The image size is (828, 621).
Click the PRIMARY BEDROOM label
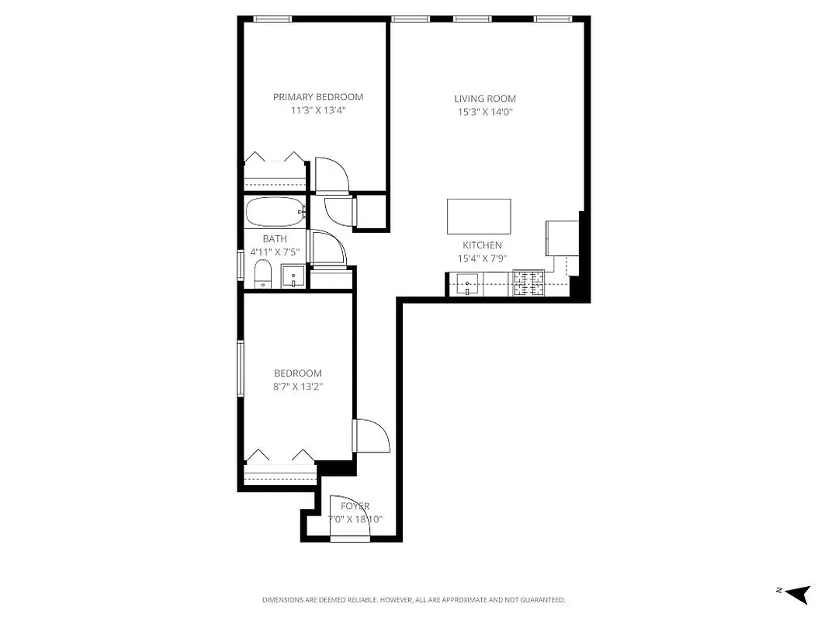tap(317, 97)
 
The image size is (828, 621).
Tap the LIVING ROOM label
tap(485, 99)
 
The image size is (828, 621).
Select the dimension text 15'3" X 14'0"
tap(485, 112)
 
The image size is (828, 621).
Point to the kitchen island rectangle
tap(479, 217)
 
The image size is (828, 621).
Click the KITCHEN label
tap(482, 245)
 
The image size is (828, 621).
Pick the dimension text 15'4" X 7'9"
tap(482, 258)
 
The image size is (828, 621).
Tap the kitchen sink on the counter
tap(467, 284)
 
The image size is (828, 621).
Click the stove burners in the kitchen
tap(529, 284)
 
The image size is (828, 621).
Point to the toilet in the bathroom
tap(262, 274)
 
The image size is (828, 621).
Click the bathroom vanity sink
tap(293, 276)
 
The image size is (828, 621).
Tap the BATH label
tap(274, 239)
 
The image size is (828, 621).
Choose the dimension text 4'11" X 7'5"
tap(274, 252)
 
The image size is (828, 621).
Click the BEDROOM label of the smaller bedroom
tap(298, 373)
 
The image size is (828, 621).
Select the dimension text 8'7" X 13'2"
tap(298, 387)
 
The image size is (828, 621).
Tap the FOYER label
tap(355, 506)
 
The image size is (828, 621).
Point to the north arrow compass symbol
tap(797, 594)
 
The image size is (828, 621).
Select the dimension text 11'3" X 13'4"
tap(317, 110)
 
